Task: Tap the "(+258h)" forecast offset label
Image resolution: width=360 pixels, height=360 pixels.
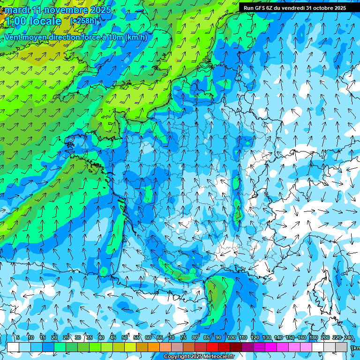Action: tap(84, 21)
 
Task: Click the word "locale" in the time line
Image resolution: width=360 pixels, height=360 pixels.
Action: tap(45, 21)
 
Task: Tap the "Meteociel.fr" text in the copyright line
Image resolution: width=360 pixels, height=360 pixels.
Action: tap(218, 357)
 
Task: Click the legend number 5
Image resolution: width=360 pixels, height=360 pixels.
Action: tap(17, 338)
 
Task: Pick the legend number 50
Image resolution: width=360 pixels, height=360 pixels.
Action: tap(125, 338)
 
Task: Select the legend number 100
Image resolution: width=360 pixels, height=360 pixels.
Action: tap(232, 338)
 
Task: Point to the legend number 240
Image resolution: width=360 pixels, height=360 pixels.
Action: tap(349, 338)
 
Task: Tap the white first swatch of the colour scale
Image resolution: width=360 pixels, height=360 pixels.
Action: tap(13, 347)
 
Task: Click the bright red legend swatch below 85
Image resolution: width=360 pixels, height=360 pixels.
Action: tap(212, 347)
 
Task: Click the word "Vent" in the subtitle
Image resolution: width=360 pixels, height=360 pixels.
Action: tap(13, 37)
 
